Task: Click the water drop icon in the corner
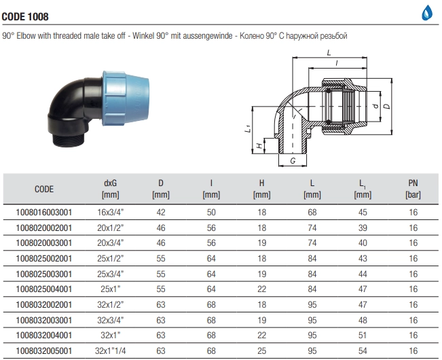tap(428, 12)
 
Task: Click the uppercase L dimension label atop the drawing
tap(328, 52)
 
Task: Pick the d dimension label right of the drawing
tap(374, 106)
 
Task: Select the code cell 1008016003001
tap(43, 212)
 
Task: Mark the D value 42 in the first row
tap(161, 212)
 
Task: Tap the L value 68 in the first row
tap(312, 212)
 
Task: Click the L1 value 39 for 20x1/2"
tap(363, 228)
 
